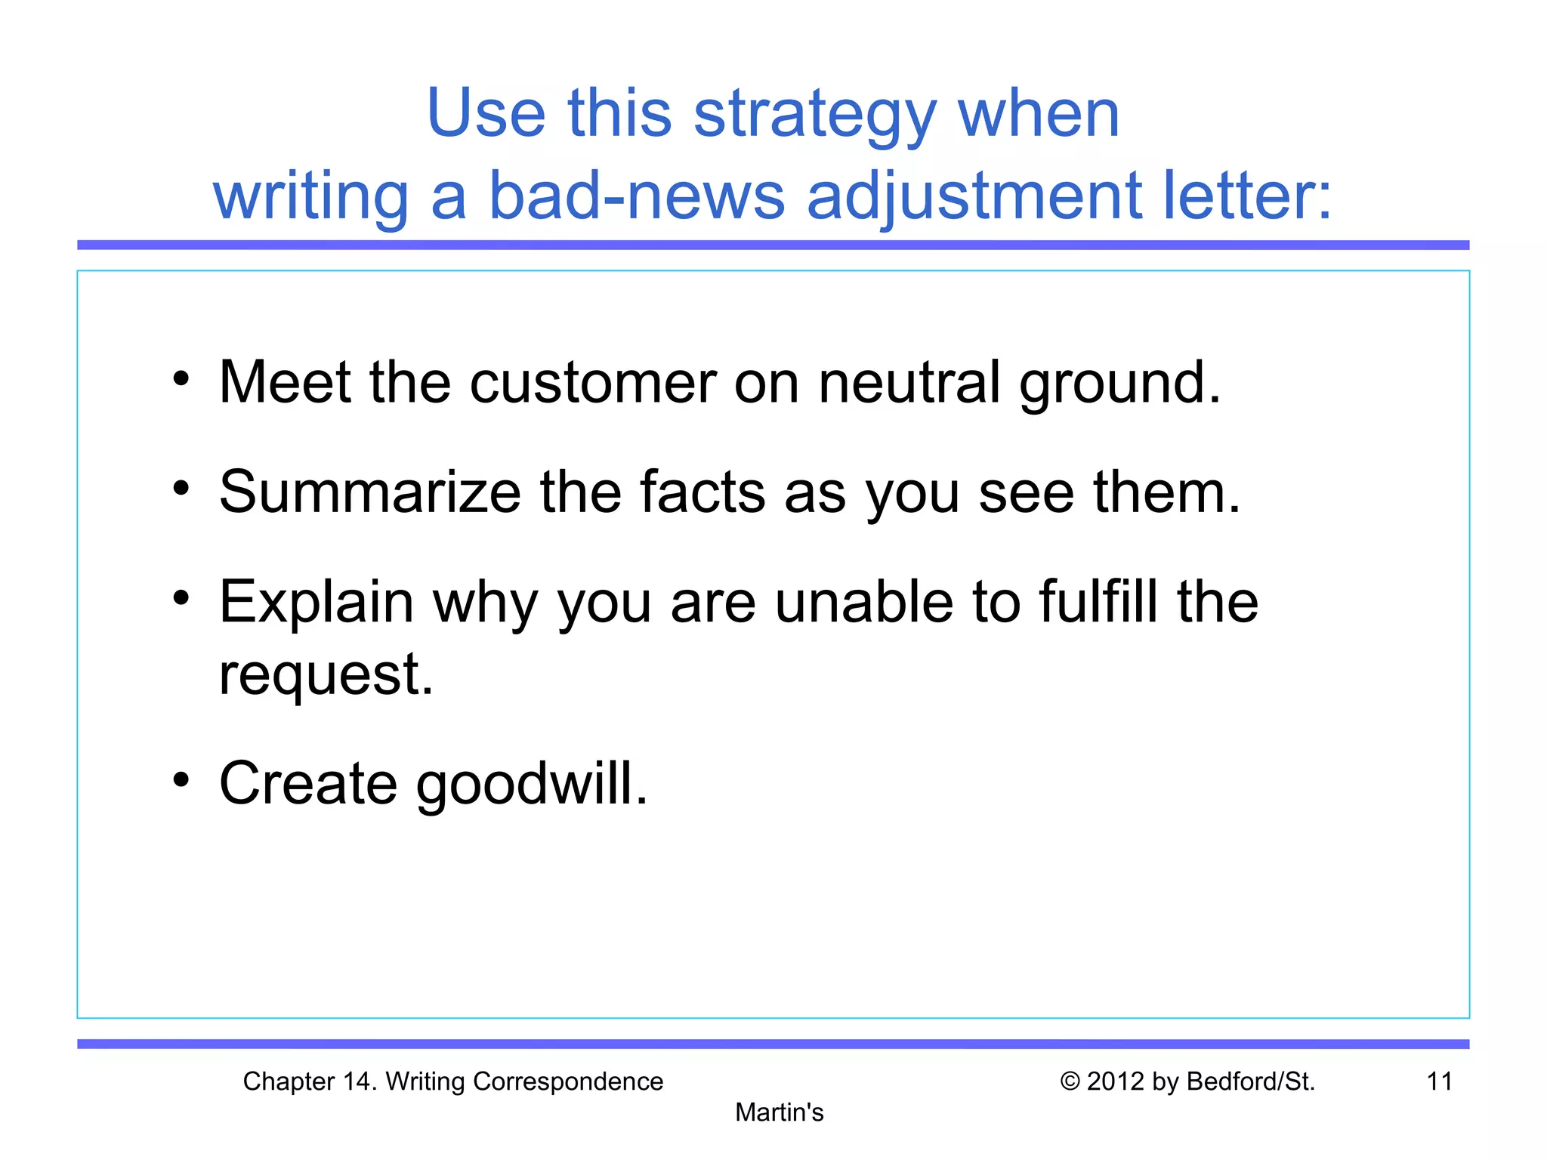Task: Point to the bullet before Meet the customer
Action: point(181,378)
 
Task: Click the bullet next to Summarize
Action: point(181,488)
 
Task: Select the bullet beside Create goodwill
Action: point(181,779)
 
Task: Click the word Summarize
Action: point(370,492)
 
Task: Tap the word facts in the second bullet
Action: point(702,492)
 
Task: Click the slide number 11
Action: point(1440,1081)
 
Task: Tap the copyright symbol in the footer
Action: point(1070,1081)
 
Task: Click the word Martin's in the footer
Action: point(779,1112)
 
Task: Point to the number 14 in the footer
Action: point(358,1081)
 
